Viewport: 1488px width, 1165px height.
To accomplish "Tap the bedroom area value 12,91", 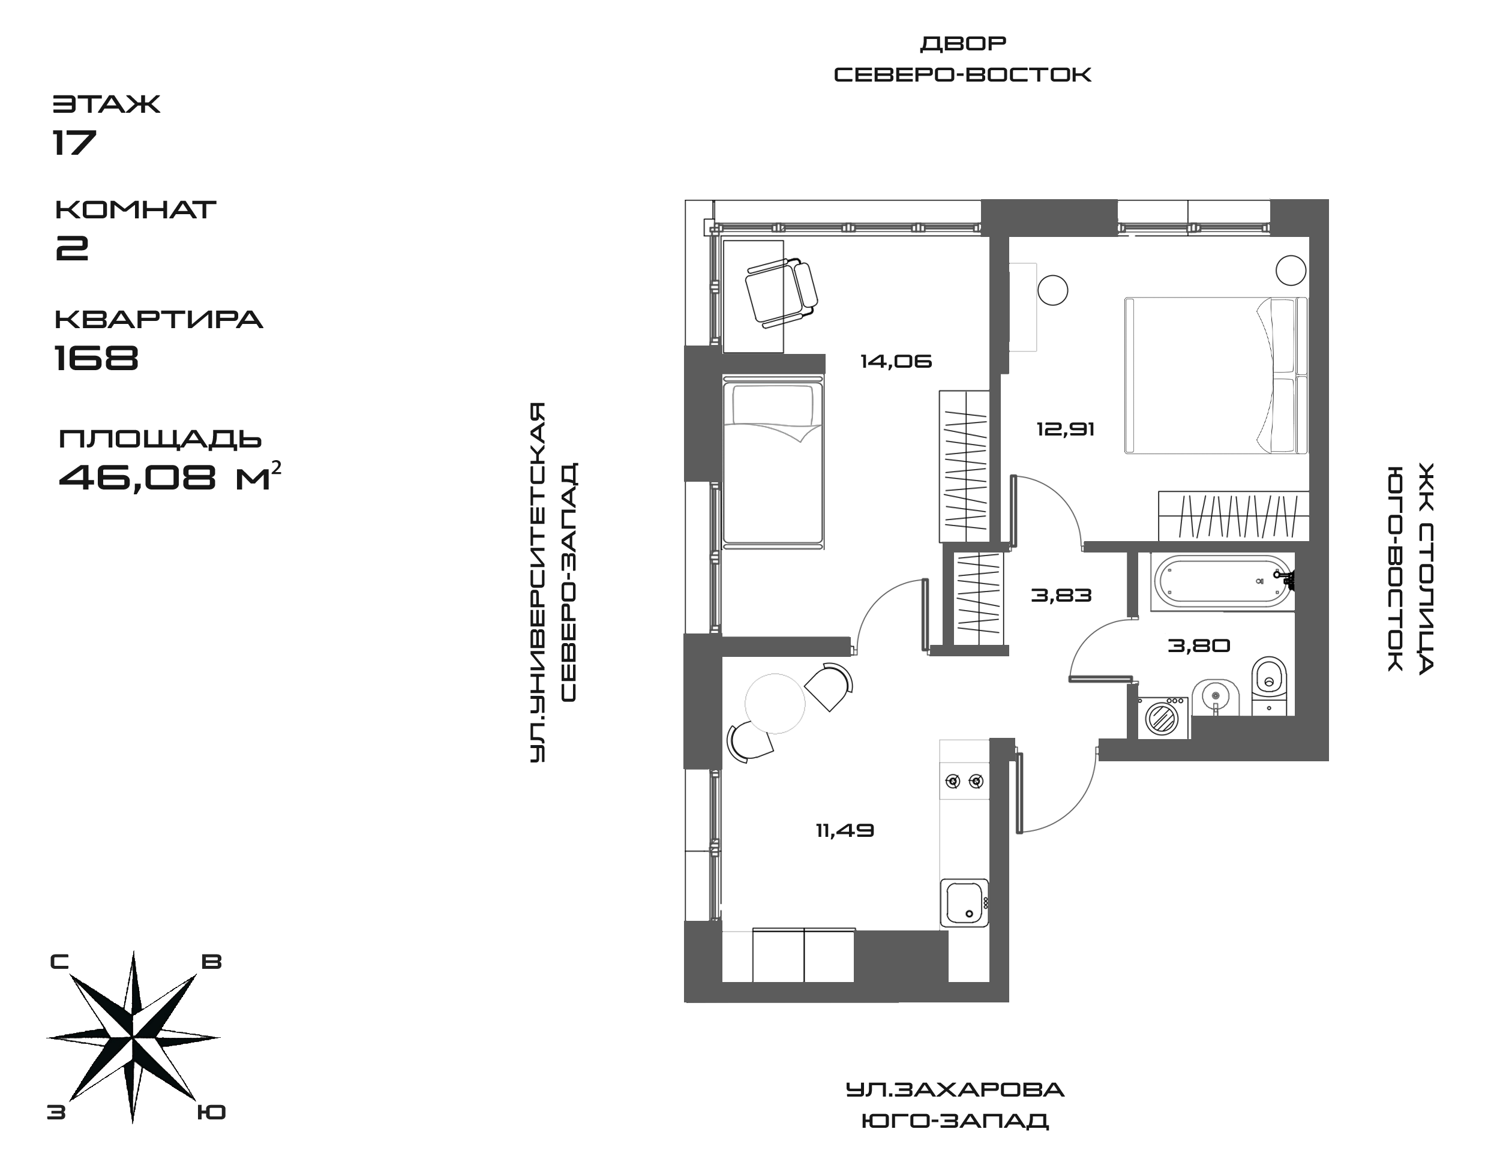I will (x=1065, y=430).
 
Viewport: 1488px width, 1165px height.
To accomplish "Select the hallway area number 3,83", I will (x=1061, y=596).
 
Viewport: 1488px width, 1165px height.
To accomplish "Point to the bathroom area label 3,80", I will (x=1199, y=645).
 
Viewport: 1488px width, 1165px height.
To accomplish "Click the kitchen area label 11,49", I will (x=845, y=831).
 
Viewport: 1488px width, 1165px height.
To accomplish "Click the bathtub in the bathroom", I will (x=1221, y=581).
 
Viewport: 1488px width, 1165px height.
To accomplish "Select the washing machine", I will (x=1163, y=717).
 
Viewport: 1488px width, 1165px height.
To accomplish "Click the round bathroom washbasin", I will (x=1215, y=698).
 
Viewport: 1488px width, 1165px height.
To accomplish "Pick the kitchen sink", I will (x=964, y=903).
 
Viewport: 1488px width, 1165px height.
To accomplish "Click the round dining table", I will (x=775, y=703).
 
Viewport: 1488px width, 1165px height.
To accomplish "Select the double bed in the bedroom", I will (x=1215, y=375).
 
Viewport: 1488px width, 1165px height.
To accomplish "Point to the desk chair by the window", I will (x=781, y=292).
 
